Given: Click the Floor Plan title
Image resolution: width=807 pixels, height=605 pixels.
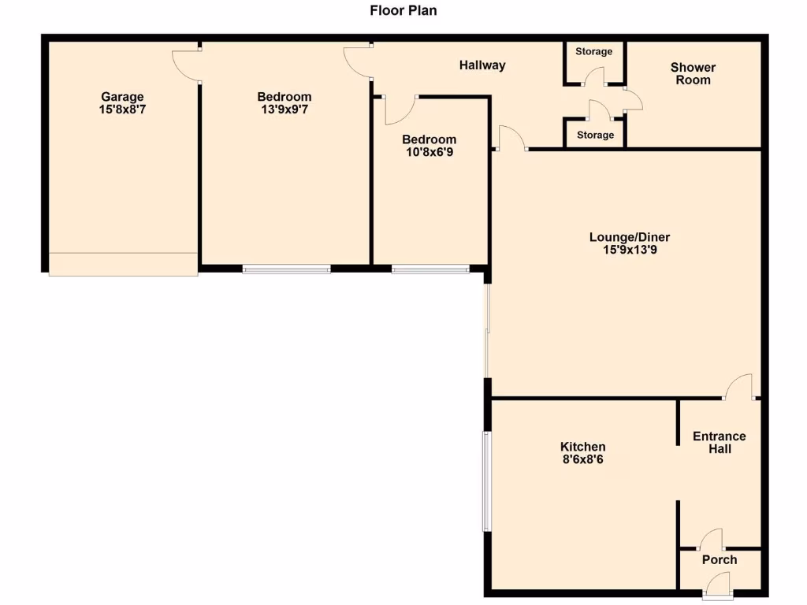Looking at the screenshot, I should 403,11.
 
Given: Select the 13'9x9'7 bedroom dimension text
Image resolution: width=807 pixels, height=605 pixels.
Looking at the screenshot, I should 284,110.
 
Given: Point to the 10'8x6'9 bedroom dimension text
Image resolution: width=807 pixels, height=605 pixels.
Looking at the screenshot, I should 429,153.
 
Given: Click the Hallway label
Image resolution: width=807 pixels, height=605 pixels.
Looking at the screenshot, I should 482,65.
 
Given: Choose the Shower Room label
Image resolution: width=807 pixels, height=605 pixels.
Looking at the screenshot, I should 693,73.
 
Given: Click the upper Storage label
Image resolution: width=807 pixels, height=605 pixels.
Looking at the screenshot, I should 593,52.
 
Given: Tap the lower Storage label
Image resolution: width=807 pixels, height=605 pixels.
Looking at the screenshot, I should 595,135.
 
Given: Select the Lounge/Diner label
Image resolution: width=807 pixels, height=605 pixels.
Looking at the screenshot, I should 629,237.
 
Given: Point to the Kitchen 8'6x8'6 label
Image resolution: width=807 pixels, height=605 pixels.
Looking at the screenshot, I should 583,452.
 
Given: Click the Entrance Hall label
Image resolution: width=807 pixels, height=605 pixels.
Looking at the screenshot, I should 719,442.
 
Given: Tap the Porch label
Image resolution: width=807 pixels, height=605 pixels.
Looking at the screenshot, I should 719,559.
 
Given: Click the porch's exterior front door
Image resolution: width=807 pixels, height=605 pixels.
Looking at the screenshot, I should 718,584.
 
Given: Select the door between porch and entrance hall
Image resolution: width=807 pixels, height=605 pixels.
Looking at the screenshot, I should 712,540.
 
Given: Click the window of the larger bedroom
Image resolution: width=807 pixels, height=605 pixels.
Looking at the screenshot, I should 286,269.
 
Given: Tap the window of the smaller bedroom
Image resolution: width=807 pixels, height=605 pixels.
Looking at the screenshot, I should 430,269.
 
